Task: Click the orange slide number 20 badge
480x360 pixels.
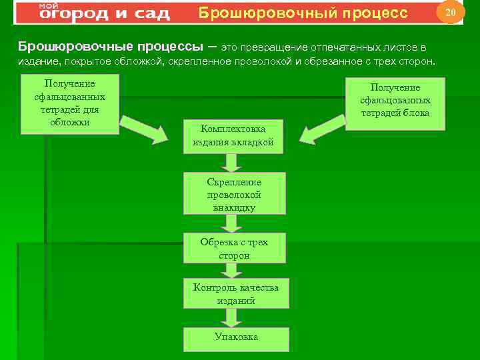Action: coord(450,13)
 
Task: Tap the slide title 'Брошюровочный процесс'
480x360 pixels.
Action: coord(303,13)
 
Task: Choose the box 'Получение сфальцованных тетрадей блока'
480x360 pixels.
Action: coord(395,100)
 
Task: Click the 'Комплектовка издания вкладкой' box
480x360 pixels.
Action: coord(233,135)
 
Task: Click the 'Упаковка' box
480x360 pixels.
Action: coord(236,337)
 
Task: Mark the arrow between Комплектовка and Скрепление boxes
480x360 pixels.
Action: coord(233,162)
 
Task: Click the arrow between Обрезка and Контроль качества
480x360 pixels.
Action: coord(233,270)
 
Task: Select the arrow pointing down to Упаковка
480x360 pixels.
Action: coord(233,318)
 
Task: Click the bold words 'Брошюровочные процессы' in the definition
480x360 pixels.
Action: coord(110,47)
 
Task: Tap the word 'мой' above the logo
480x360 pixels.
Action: coord(48,5)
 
